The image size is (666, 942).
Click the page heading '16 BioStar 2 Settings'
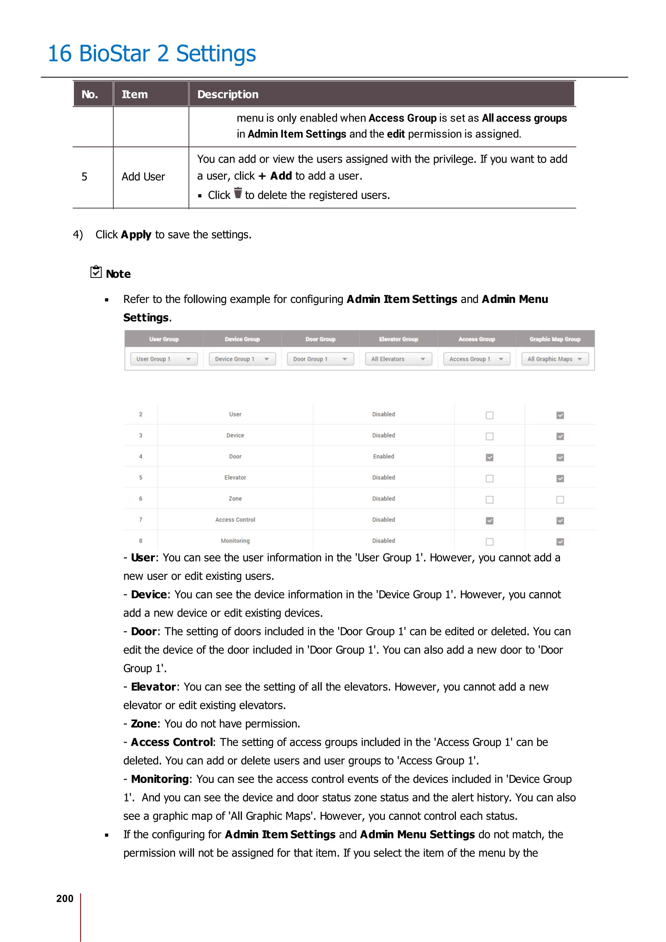pos(152,54)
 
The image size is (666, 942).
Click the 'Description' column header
pos(228,94)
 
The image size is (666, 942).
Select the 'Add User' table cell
pos(143,177)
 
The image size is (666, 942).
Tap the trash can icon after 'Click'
pos(238,193)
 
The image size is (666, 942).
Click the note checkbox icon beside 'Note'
pos(96,272)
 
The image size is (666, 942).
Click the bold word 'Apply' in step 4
pos(136,235)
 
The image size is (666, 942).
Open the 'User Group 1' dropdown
pos(164,359)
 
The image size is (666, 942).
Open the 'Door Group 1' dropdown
pos(320,359)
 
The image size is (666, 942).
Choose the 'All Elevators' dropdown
pos(398,359)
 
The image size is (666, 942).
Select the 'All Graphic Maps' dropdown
pos(554,359)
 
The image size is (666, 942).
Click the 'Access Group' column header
pos(476,339)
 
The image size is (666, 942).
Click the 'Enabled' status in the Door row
pos(383,457)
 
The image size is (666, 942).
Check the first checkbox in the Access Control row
pos(489,521)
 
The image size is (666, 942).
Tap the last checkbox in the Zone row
pos(560,500)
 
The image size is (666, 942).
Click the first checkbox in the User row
pos(489,415)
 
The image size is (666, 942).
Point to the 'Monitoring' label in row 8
pos(235,541)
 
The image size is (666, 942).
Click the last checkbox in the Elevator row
pos(560,478)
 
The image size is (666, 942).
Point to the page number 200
pos(65,898)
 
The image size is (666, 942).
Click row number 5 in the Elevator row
pos(141,478)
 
